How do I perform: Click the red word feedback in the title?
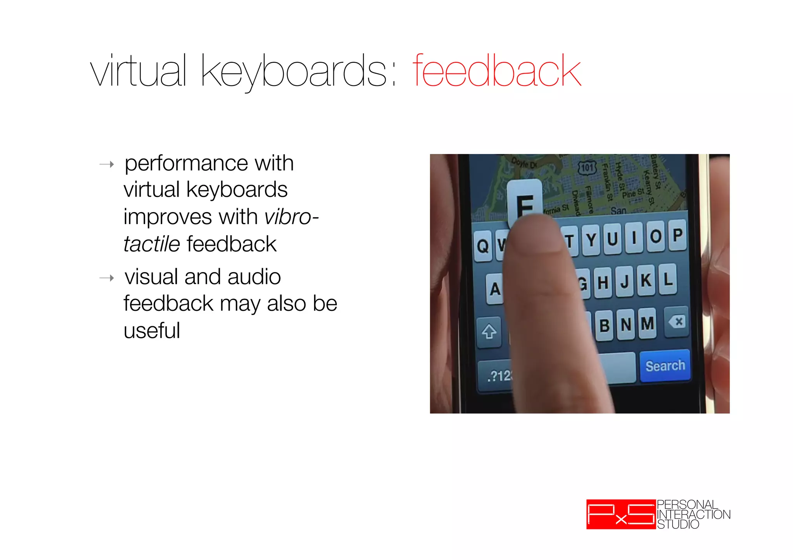pyautogui.click(x=497, y=71)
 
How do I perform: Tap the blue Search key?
pyautogui.click(x=665, y=366)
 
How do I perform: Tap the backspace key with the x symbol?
pyautogui.click(x=677, y=322)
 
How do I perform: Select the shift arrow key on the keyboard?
pyautogui.click(x=489, y=332)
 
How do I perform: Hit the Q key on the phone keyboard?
pyautogui.click(x=482, y=246)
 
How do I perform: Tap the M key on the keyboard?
pyautogui.click(x=647, y=324)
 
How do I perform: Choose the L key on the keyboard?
pyautogui.click(x=668, y=279)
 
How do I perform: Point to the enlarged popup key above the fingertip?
pyautogui.click(x=525, y=201)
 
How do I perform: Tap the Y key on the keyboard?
pyautogui.click(x=591, y=240)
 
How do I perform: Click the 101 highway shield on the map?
pyautogui.click(x=587, y=168)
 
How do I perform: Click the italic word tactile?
pyautogui.click(x=152, y=244)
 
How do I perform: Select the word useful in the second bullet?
pyautogui.click(x=152, y=331)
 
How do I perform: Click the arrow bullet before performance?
pyautogui.click(x=107, y=164)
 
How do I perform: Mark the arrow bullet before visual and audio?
pyautogui.click(x=107, y=278)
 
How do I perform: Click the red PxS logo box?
pyautogui.click(x=621, y=514)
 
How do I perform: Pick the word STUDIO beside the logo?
pyautogui.click(x=678, y=524)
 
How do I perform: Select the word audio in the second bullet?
pyautogui.click(x=254, y=277)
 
